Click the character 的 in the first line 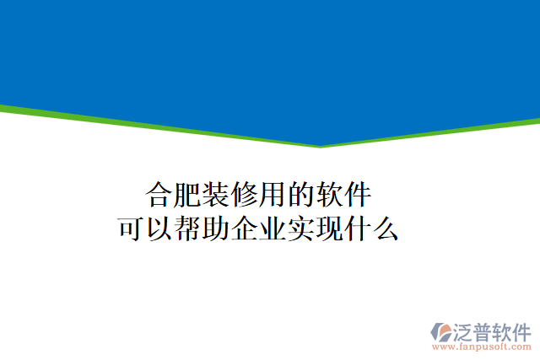[x=301, y=195]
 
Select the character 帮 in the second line [x=188, y=228]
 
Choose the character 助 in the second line [x=217, y=228]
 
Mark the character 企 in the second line [x=245, y=228]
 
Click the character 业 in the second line [x=273, y=228]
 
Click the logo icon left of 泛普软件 [x=444, y=330]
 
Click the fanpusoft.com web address [x=481, y=347]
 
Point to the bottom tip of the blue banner [x=321, y=144]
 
